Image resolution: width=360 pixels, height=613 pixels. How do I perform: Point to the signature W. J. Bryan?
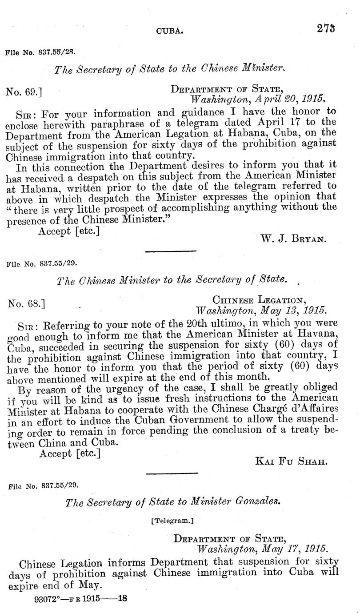pyautogui.click(x=294, y=239)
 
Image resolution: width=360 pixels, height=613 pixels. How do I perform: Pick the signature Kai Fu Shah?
pyautogui.click(x=291, y=461)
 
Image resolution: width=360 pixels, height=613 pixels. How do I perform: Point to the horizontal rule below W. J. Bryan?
pyautogui.click(x=171, y=252)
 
